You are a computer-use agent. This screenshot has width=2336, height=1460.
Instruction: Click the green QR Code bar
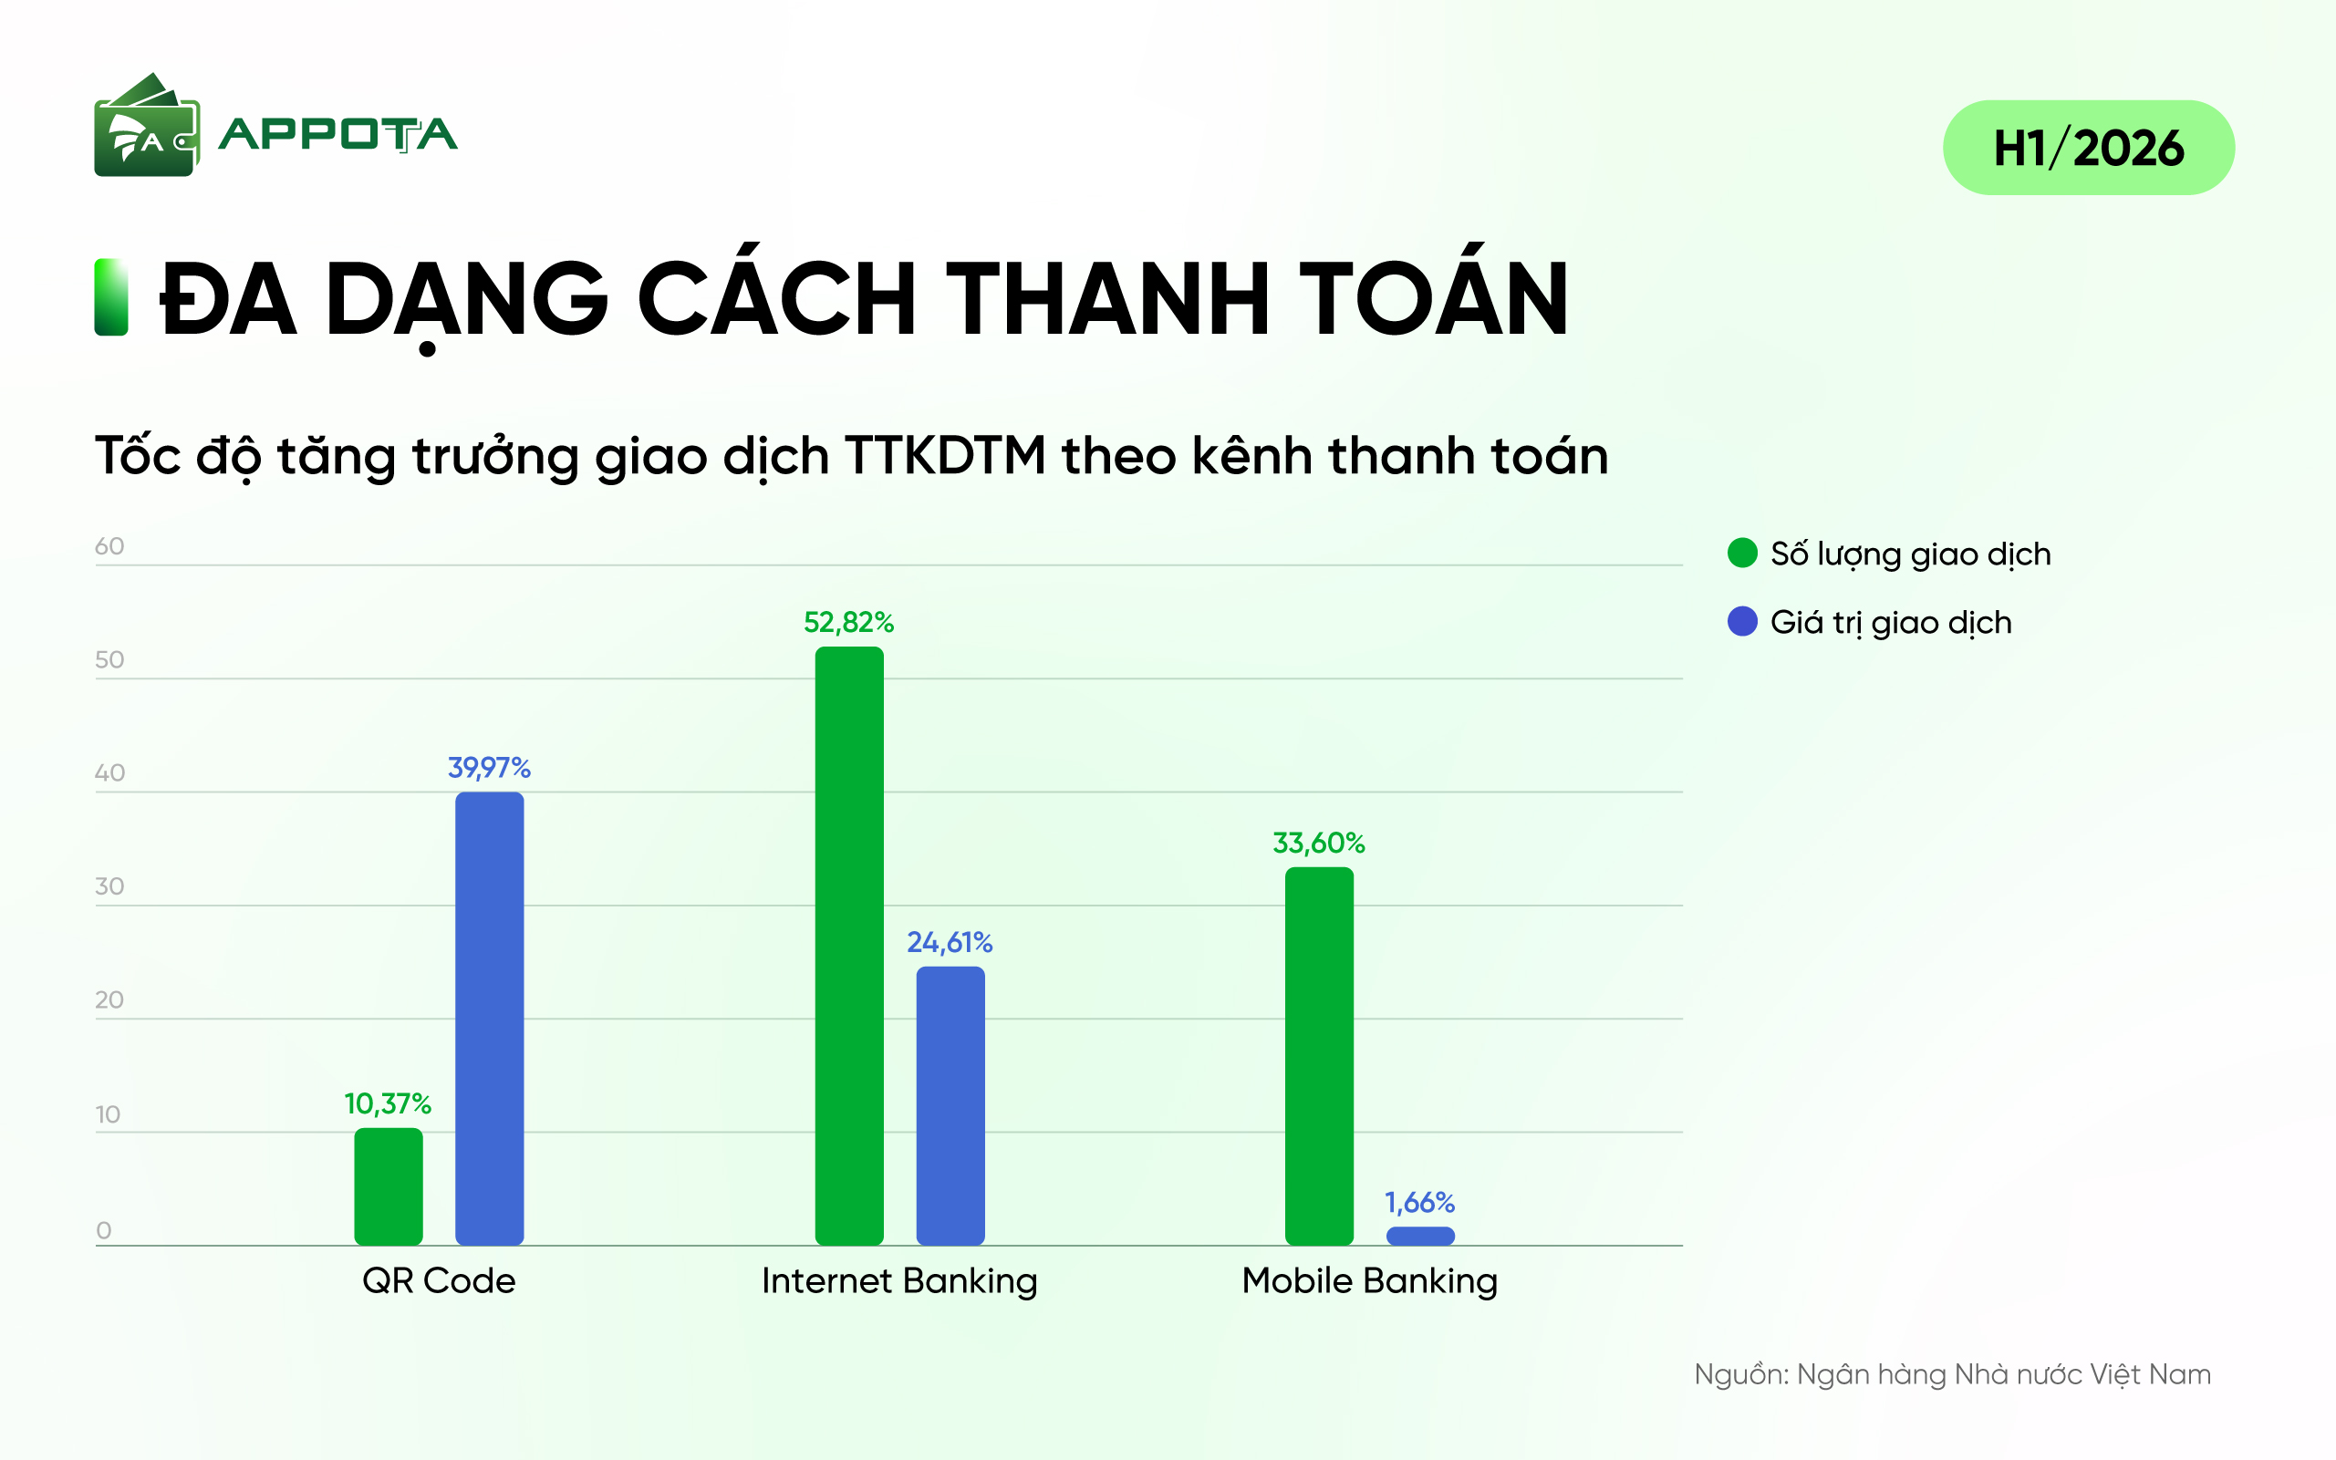389,1186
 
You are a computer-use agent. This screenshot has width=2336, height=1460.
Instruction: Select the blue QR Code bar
490,1018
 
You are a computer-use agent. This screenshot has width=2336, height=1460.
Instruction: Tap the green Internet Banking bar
849,946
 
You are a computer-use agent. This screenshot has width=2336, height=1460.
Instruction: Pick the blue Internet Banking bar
950,1105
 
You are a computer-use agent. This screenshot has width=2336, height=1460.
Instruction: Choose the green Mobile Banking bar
1319,1055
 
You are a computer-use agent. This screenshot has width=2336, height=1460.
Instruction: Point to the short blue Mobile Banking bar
1420,1236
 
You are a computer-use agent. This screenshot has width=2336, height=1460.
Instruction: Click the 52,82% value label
849,623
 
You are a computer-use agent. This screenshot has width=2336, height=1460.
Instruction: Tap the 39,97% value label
490,768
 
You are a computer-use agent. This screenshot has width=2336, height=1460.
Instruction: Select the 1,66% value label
1419,1202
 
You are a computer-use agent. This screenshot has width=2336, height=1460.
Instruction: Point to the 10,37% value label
389,1103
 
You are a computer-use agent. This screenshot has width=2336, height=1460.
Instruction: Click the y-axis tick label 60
109,546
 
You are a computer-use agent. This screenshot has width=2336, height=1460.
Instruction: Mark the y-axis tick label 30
109,886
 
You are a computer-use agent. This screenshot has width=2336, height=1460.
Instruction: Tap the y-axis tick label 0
103,1230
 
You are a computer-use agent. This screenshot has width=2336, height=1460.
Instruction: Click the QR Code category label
440,1281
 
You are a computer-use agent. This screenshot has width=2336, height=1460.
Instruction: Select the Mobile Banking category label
1369,1282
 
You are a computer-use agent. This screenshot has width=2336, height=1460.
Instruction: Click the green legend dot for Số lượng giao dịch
1742,553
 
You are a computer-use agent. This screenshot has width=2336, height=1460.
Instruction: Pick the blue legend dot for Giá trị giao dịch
1742,621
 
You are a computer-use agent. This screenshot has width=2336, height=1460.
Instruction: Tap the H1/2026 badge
2089,148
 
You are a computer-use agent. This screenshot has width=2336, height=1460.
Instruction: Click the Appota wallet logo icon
147,125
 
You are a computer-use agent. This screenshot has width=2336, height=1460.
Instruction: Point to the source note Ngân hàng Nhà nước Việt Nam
2004,1375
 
